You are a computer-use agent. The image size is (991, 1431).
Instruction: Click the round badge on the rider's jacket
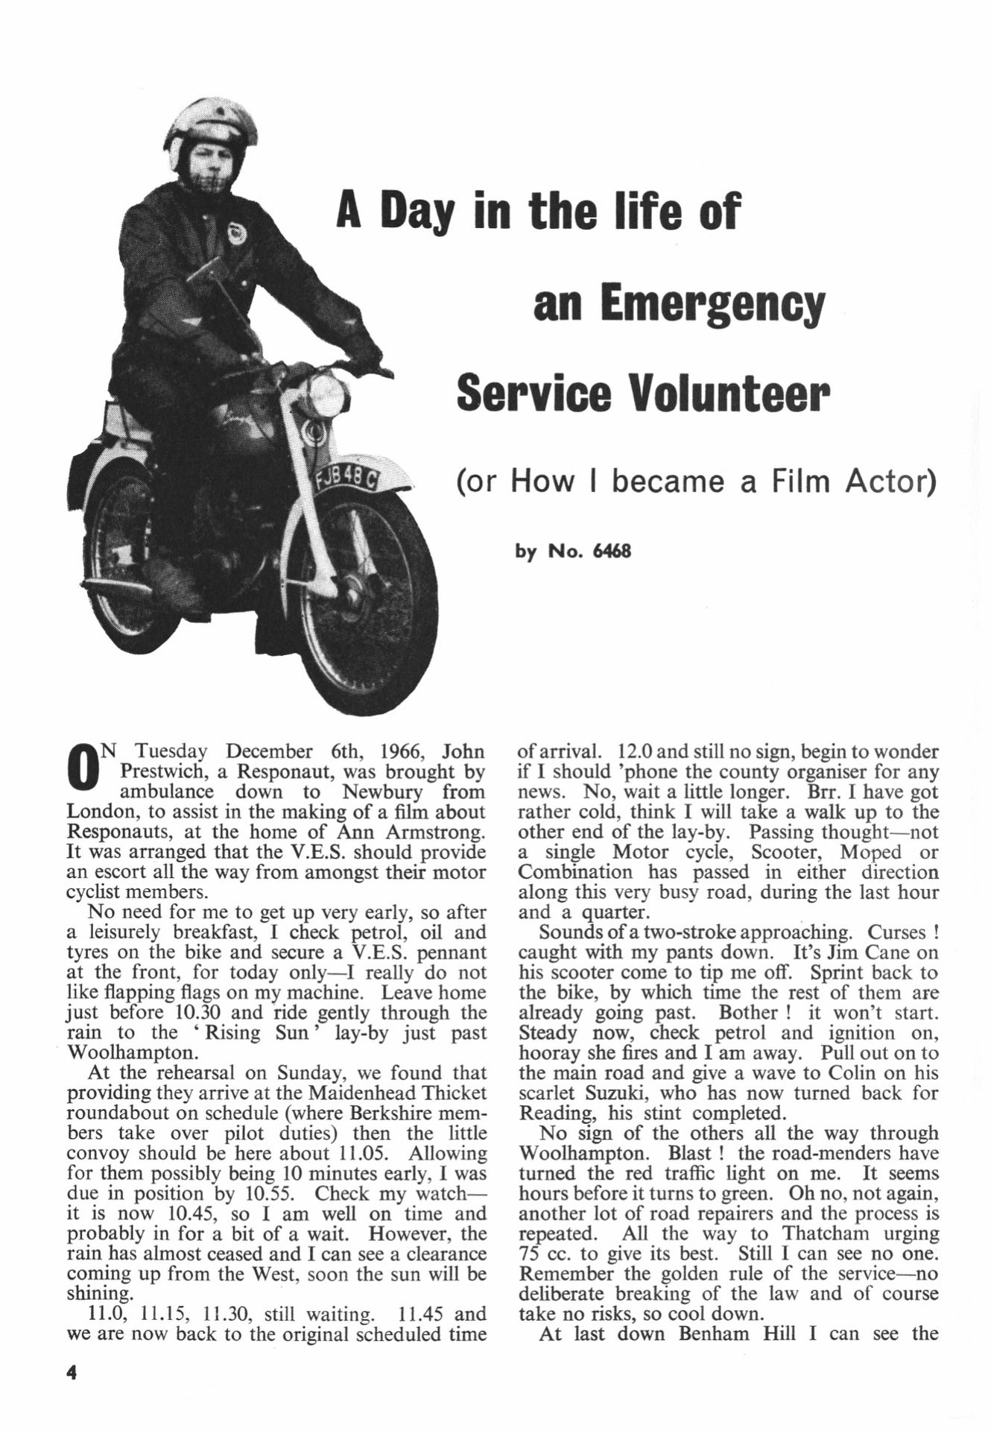tap(238, 235)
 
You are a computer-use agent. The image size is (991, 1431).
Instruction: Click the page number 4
tap(72, 1372)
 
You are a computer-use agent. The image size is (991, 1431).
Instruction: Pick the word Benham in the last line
tap(714, 1334)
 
